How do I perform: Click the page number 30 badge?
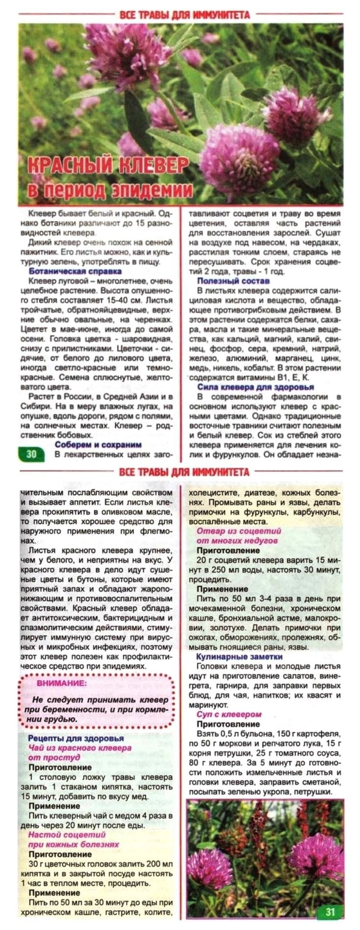[x=31, y=454]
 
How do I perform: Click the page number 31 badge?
[x=330, y=911]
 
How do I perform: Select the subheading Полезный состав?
[x=233, y=281]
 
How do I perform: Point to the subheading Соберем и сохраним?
[x=98, y=444]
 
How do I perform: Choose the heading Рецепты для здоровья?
[x=76, y=738]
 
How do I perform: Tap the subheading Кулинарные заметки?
[x=239, y=657]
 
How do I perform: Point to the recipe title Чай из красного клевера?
[x=80, y=748]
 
